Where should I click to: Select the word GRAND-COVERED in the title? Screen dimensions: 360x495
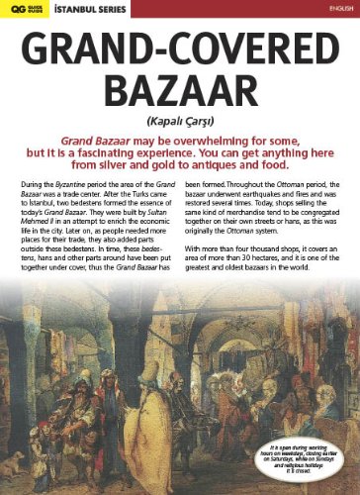pyautogui.click(x=180, y=48)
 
